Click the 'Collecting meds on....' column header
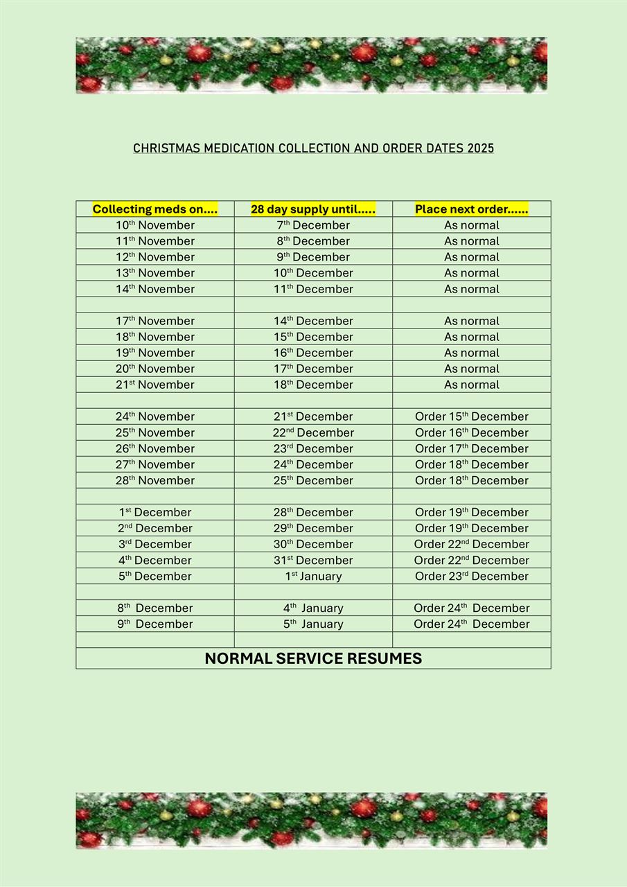[155, 209]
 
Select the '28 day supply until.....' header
[313, 209]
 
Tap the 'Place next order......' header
[471, 209]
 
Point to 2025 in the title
[480, 148]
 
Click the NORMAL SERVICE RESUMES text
[313, 658]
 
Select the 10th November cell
[155, 225]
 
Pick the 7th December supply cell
[313, 225]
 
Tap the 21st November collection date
[155, 385]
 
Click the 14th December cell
[313, 321]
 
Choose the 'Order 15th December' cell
[471, 416]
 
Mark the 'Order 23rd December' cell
[471, 576]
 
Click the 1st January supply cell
[313, 576]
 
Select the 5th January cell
[313, 624]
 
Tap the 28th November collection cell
[155, 480]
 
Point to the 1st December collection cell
[155, 512]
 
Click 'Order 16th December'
[471, 432]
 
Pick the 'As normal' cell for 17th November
[471, 321]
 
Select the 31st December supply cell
[313, 560]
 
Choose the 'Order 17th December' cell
[471, 448]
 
